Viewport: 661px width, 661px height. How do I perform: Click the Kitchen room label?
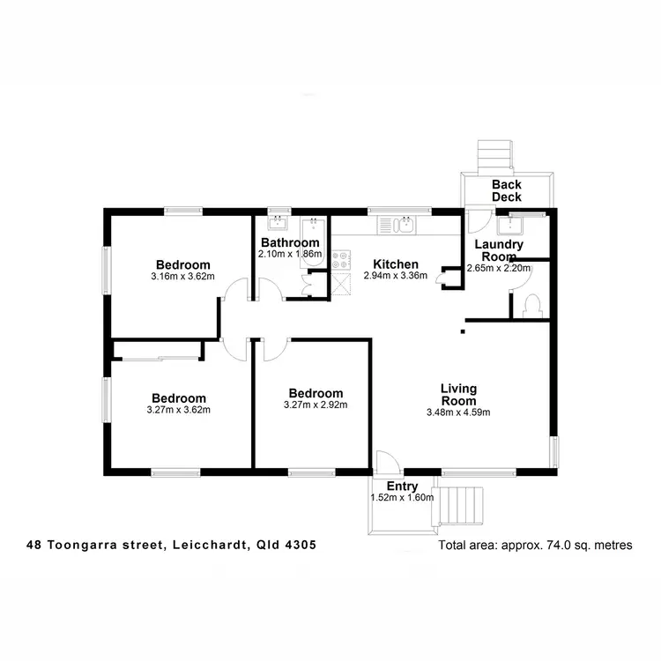tap(395, 264)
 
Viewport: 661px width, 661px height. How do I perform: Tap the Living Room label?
tap(458, 394)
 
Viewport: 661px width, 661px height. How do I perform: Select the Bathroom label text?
tap(289, 242)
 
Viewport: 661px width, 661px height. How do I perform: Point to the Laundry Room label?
tap(499, 250)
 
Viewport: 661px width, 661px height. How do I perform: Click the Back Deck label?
tap(506, 190)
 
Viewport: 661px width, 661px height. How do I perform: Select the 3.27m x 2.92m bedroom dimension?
tap(316, 405)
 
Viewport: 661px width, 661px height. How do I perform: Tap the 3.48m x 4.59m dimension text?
tap(458, 412)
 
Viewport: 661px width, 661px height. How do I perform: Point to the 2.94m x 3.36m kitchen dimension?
tap(395, 275)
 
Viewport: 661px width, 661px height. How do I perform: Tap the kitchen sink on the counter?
tap(405, 226)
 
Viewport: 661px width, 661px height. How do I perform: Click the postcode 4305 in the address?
tap(301, 546)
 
